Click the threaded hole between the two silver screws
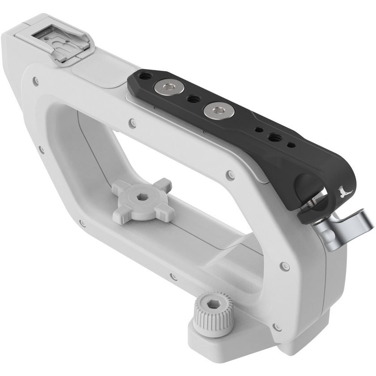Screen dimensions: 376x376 pos(192,98)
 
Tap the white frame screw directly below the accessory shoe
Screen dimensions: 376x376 pos(36,81)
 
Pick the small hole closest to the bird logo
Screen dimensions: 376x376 pos(291,144)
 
